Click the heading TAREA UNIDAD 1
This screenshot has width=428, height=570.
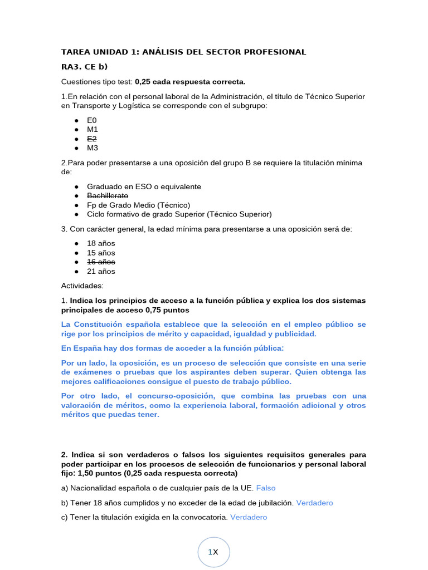click(x=183, y=52)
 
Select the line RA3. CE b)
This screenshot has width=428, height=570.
click(x=84, y=67)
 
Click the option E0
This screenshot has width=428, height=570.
click(x=92, y=120)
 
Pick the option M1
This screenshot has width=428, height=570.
click(x=93, y=129)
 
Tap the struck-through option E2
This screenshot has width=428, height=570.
click(x=92, y=139)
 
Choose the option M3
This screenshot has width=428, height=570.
click(x=93, y=148)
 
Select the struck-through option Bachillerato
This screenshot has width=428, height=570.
click(x=108, y=195)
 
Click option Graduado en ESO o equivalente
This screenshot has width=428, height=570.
click(x=144, y=186)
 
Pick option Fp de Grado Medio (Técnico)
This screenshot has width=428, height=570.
click(x=138, y=205)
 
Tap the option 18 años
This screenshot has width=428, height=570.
click(x=101, y=243)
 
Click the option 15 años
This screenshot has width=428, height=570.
click(x=101, y=253)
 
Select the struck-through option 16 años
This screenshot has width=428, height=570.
click(x=101, y=262)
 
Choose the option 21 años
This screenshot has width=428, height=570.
click(x=101, y=271)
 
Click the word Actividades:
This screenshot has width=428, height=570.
click(x=82, y=286)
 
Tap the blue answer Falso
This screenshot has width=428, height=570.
click(x=266, y=488)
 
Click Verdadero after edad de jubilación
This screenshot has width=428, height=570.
click(x=314, y=503)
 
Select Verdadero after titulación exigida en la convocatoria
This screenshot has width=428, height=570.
click(x=249, y=517)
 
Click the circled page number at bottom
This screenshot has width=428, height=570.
click(x=213, y=552)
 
